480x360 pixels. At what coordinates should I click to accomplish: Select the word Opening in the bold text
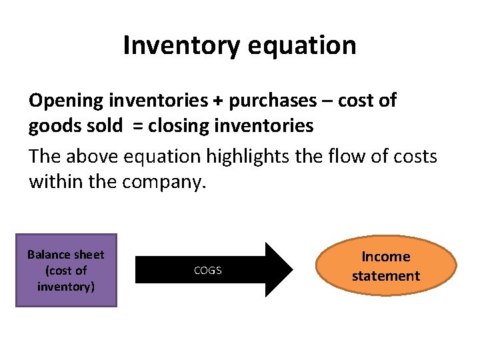point(66,101)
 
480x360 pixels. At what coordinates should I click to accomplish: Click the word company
point(164,181)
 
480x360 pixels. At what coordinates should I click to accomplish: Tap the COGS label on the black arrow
point(207,271)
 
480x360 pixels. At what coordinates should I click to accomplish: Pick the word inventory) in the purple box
point(66,287)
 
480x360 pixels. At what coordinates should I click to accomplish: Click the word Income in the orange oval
point(386,257)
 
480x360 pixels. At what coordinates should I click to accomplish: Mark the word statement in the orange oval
point(386,276)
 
